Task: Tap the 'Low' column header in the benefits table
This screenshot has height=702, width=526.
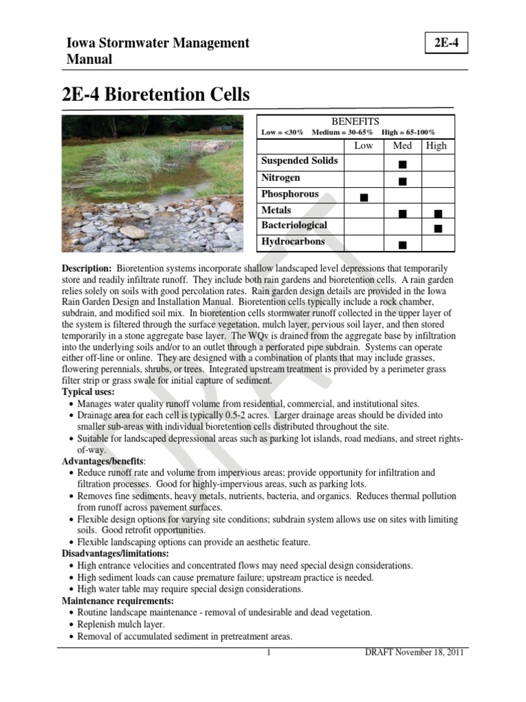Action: [x=363, y=145]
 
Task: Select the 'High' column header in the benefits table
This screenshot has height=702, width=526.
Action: [x=436, y=145]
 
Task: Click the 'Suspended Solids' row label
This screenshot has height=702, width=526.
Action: [x=299, y=161]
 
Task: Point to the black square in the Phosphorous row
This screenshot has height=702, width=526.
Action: [x=363, y=197]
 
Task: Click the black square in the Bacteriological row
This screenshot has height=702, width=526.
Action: [x=438, y=228]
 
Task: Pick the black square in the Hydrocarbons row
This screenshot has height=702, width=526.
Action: [x=402, y=244]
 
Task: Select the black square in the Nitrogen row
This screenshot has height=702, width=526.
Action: [x=402, y=181]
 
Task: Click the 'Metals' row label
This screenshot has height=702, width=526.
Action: [x=276, y=210]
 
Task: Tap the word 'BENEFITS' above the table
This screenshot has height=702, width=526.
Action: [x=355, y=121]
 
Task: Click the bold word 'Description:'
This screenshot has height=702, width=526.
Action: [x=86, y=268]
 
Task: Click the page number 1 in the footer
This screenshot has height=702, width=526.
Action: [x=270, y=653]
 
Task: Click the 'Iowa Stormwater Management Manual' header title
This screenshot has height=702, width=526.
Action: [x=157, y=51]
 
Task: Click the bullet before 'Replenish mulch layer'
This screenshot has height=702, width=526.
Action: [x=73, y=625]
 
